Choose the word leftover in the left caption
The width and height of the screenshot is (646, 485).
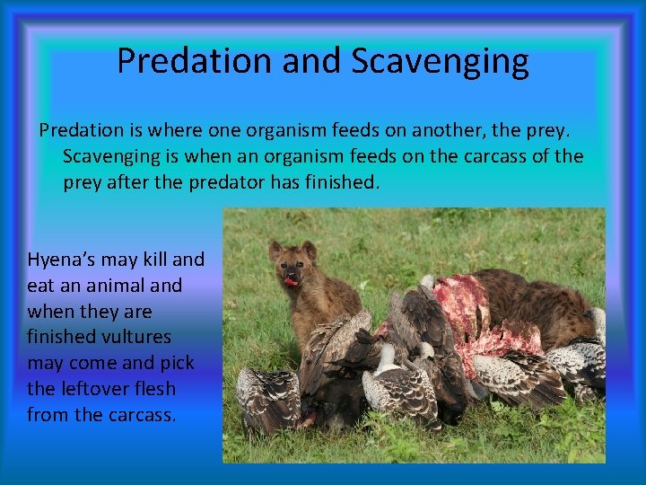(x=94, y=389)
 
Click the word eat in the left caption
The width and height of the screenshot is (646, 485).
(x=41, y=286)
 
